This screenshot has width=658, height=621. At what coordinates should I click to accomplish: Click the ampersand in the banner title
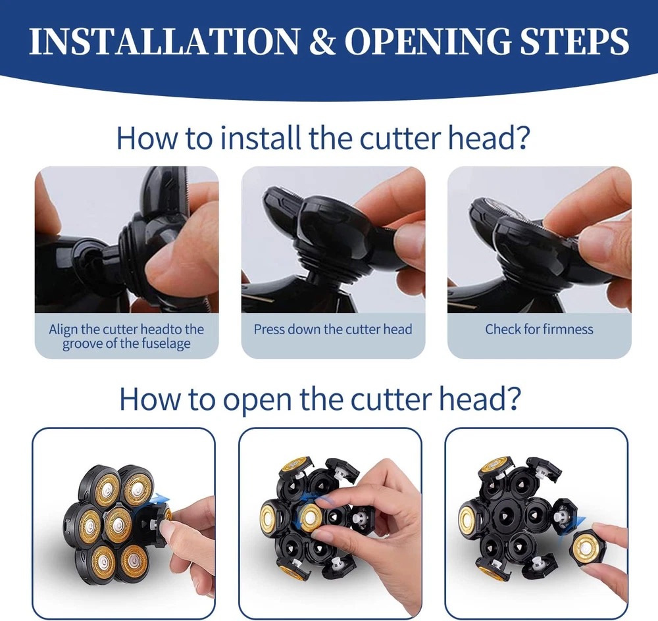click(x=322, y=41)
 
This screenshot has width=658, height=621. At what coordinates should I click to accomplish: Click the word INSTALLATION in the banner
click(x=164, y=41)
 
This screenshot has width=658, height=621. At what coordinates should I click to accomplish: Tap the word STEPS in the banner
click(x=575, y=41)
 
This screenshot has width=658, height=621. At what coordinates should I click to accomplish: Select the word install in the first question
click(x=261, y=137)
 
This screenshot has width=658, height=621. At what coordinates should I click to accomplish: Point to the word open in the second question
click(x=257, y=399)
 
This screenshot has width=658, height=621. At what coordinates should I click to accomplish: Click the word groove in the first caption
click(x=83, y=344)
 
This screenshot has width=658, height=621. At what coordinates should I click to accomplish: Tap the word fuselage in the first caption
click(x=166, y=344)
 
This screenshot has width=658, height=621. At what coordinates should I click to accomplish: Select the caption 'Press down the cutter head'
click(x=333, y=330)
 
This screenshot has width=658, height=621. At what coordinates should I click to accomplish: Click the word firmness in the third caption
click(x=569, y=330)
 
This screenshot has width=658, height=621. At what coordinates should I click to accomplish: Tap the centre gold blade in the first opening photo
click(x=118, y=524)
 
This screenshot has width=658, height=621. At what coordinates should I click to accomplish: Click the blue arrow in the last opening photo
click(x=573, y=526)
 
